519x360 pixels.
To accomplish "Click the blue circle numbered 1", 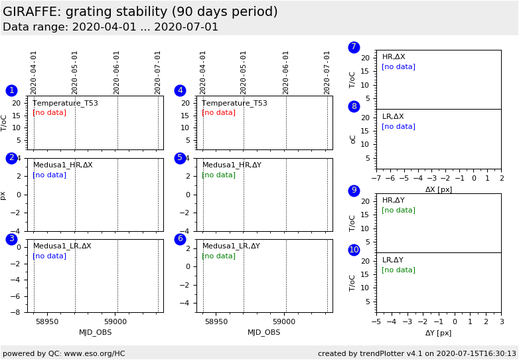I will (x=11, y=90).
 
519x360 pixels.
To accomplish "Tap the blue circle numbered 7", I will (x=354, y=47).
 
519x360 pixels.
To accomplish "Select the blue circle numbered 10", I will (x=354, y=250).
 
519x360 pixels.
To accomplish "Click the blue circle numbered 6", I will (x=180, y=239).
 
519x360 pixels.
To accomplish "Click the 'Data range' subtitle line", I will (x=110, y=27).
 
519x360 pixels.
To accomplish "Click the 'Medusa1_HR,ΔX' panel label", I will (x=63, y=165).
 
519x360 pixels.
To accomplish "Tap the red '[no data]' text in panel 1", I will (x=50, y=113).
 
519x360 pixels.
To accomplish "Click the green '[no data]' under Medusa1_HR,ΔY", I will (x=218, y=175).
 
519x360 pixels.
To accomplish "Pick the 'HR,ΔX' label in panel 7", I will (x=394, y=57).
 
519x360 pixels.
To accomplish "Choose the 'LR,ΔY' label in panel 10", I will (x=393, y=260).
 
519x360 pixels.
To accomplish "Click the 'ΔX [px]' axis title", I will (x=439, y=189).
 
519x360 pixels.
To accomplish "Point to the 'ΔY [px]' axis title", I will (x=439, y=333).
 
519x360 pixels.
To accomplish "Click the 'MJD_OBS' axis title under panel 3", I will (x=96, y=332).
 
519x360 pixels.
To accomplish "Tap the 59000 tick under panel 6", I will (x=285, y=321).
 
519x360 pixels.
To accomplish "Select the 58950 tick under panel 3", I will (x=47, y=321).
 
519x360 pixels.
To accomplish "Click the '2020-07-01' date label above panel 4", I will (x=328, y=72).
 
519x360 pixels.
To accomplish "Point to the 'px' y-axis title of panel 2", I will (x=3, y=195).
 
